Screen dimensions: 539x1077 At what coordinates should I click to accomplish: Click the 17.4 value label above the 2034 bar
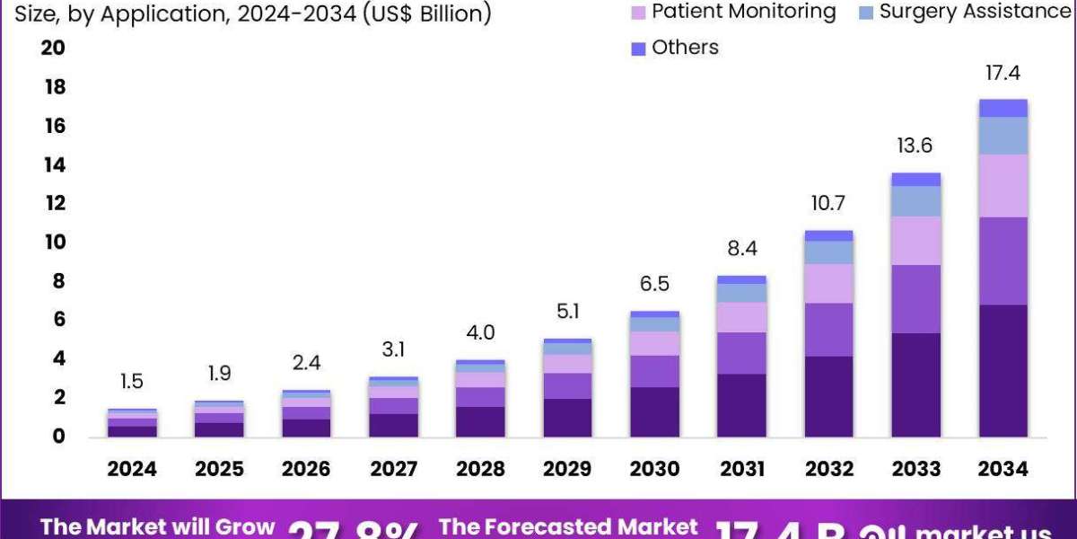tap(1003, 74)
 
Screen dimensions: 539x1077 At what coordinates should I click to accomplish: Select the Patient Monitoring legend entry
tap(733, 12)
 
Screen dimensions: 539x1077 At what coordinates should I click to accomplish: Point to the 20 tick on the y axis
tap(53, 49)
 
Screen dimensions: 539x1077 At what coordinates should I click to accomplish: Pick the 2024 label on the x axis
tap(132, 469)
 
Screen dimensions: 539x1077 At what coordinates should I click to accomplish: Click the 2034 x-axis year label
tap(1003, 469)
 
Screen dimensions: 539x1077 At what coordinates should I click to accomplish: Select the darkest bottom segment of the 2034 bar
tap(1003, 370)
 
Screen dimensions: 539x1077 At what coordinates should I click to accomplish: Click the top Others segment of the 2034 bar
tap(1003, 108)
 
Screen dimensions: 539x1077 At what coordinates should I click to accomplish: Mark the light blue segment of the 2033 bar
tap(915, 200)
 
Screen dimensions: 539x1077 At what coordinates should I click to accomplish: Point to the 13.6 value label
tap(915, 146)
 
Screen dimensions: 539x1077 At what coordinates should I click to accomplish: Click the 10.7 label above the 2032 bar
tap(828, 204)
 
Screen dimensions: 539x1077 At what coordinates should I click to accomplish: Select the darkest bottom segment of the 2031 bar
tap(741, 405)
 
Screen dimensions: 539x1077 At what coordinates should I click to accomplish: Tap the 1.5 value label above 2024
tap(132, 382)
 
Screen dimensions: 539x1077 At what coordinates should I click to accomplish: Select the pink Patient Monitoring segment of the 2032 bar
tap(828, 283)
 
